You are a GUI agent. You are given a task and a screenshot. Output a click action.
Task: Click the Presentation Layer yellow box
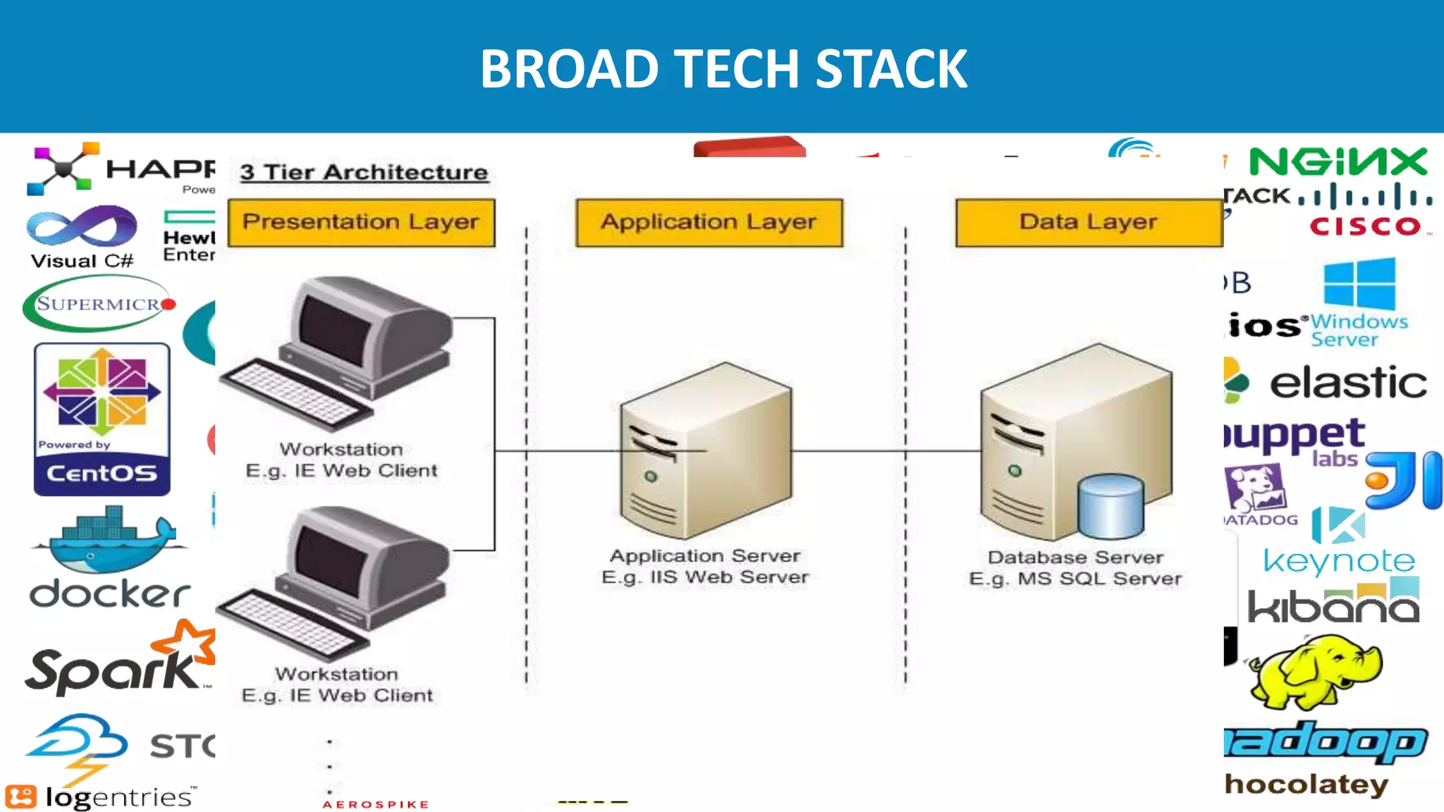point(361,222)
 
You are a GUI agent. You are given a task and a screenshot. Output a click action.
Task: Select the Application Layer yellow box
point(709,222)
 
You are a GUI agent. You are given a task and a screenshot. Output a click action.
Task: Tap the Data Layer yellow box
point(1089,222)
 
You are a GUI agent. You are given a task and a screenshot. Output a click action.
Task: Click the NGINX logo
point(1338,162)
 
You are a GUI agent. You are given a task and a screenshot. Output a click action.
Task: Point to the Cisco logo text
point(1365,226)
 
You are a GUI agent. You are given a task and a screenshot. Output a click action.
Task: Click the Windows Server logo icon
point(1359,283)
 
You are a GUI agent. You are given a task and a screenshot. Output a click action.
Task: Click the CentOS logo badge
point(102,419)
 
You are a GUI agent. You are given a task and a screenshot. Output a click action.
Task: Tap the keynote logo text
point(1338,561)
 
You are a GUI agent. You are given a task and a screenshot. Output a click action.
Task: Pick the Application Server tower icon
point(705,451)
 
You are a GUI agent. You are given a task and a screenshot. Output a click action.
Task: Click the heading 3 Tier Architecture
point(364,173)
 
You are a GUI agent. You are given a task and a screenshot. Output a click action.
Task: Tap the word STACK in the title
point(891,69)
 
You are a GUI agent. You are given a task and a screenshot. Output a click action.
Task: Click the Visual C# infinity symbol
point(82,228)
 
